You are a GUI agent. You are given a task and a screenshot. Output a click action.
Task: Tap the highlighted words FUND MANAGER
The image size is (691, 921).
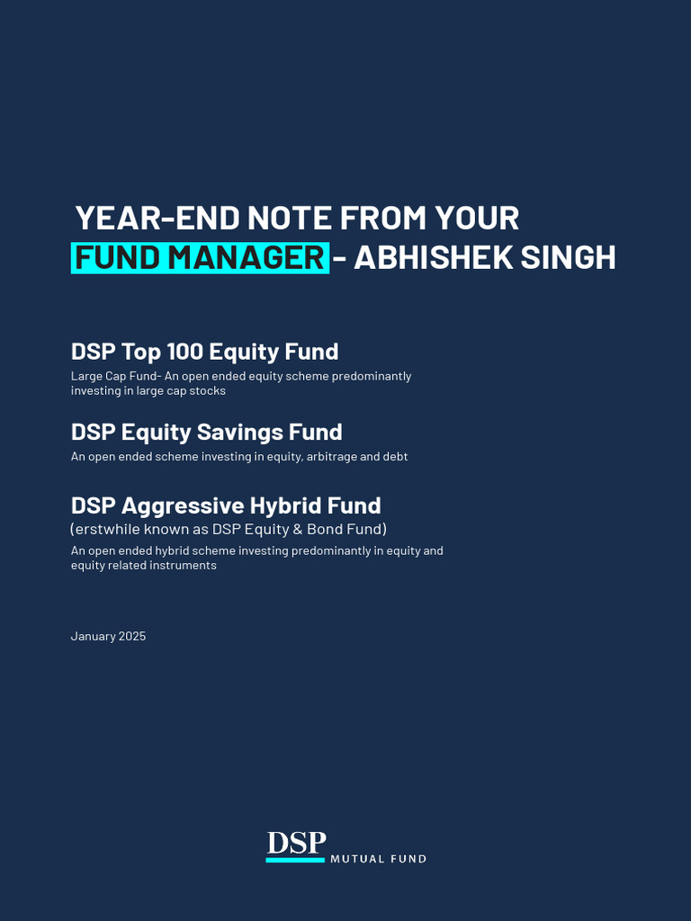tap(200, 258)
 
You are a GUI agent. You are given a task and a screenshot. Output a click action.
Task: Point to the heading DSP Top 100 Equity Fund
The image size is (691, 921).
tap(204, 352)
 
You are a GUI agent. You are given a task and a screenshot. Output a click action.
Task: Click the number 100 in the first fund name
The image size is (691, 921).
tap(184, 352)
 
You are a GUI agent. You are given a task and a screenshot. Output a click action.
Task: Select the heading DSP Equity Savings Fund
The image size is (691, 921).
tap(206, 433)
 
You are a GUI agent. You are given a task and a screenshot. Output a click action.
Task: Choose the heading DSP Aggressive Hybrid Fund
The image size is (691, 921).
tap(226, 505)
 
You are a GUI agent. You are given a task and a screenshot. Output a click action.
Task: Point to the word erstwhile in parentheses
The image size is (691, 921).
tap(105, 529)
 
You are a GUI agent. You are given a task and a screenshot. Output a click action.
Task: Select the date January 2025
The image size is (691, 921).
tap(108, 637)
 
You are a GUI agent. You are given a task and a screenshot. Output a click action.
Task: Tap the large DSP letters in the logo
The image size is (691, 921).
tap(296, 843)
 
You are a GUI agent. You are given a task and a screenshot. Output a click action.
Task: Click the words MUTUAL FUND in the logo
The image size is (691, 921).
tap(378, 859)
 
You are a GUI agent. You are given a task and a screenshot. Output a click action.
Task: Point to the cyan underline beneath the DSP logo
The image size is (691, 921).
tap(295, 861)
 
